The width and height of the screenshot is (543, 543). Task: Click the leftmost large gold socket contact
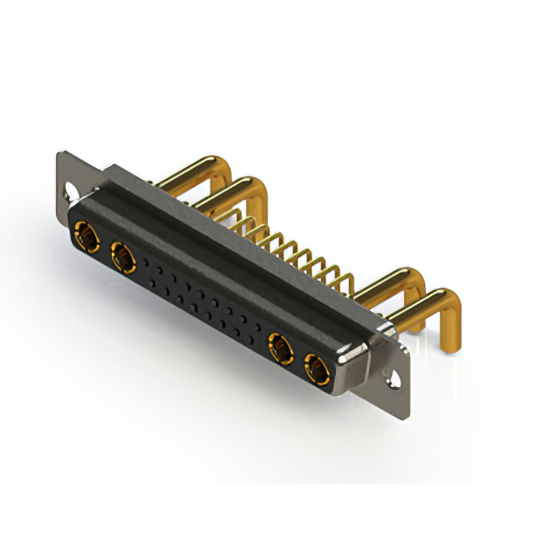pyautogui.click(x=85, y=233)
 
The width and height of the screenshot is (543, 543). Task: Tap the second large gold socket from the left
pyautogui.click(x=121, y=254)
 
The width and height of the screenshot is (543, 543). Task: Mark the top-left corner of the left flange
pyautogui.click(x=59, y=154)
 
